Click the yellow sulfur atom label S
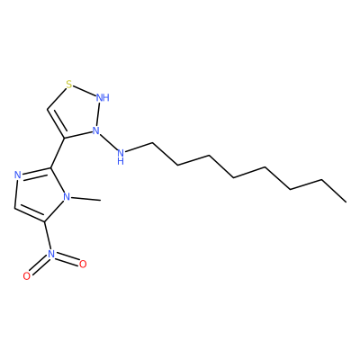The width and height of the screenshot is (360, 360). pos(69,85)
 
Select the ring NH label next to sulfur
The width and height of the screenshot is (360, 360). pos(103,97)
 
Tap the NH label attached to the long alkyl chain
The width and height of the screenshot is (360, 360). pos(121,157)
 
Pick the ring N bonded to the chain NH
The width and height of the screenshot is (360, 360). pos(95,130)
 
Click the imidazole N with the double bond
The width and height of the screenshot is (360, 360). pos(18,175)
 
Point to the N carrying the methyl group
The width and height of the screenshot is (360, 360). pos(67,197)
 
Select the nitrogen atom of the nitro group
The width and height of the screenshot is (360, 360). pos(51,254)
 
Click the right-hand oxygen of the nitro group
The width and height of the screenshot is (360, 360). pos(83,264)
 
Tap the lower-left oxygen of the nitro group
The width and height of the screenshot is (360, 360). pos(27,276)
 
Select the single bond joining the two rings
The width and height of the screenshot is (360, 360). pos(58,153)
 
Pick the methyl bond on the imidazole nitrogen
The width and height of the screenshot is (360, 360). pos(86,199)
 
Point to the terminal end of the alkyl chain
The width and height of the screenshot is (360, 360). pos(346,202)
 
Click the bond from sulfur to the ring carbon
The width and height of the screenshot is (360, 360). pos(57,98)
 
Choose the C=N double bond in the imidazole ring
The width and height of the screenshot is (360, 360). pos(36,173)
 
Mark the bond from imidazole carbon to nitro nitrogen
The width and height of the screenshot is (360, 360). pos(48,236)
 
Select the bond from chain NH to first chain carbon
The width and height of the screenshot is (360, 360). pos(139,148)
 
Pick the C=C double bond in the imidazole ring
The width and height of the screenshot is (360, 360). pos(30,213)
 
